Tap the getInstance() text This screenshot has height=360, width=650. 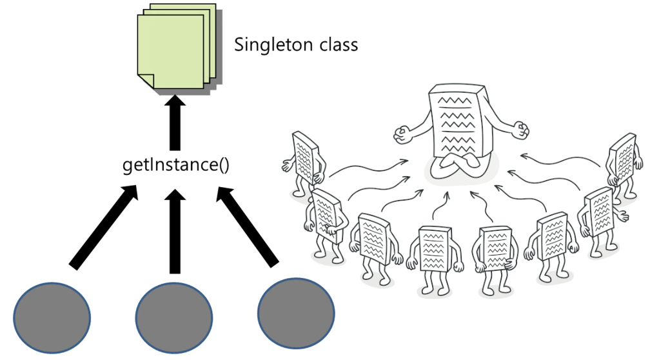click(x=175, y=165)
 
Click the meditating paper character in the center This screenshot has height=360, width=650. click(x=458, y=129)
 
